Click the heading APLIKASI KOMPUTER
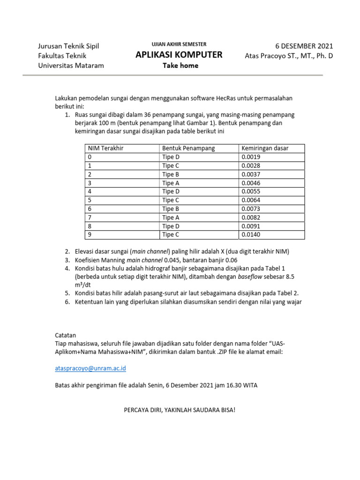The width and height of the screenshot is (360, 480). pyautogui.click(x=179, y=55)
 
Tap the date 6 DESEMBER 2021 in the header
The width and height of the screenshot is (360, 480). pyautogui.click(x=304, y=46)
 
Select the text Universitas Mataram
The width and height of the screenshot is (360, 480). pyautogui.click(x=71, y=66)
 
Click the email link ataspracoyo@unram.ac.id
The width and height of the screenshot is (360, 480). pyautogui.click(x=91, y=369)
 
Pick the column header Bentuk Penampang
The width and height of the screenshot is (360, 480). pyautogui.click(x=188, y=149)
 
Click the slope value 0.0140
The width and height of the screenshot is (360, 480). pyautogui.click(x=250, y=234)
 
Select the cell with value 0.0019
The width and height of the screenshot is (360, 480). pyautogui.click(x=250, y=157)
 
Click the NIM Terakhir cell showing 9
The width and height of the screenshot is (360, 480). pyautogui.click(x=90, y=234)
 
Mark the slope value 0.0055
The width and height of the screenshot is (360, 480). pyautogui.click(x=250, y=191)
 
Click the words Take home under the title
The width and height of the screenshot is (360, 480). pyautogui.click(x=180, y=66)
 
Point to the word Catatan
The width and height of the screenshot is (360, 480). pyautogui.click(x=67, y=335)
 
